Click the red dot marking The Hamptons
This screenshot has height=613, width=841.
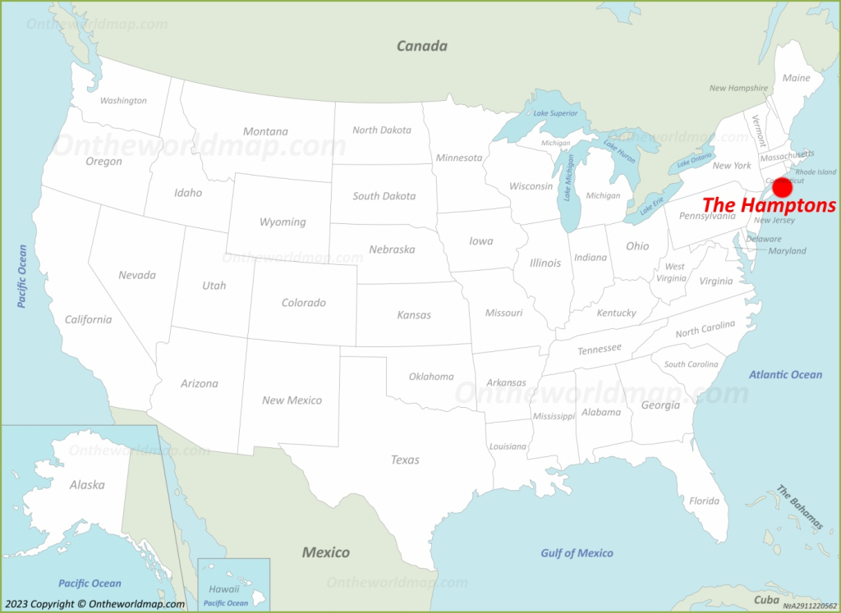pos(783,187)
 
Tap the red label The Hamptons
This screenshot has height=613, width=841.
pos(769,206)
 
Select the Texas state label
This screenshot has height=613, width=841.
pos(405,460)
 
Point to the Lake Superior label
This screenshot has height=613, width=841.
pos(555,113)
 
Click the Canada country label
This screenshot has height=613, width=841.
pos(422,46)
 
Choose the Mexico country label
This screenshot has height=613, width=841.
pos(325,552)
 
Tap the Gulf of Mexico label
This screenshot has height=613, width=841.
pos(577,553)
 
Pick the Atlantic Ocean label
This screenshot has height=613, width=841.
pos(785,375)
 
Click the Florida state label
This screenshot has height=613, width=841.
pos(704,501)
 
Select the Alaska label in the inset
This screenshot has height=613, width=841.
pos(87,485)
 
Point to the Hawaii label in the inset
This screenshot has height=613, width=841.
pos(223,589)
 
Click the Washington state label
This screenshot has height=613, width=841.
pos(123,101)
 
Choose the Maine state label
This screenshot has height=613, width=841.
pos(796,78)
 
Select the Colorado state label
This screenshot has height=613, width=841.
pos(304,303)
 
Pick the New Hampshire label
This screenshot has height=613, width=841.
pos(738,88)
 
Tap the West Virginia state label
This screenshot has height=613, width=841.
pos(673,272)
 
